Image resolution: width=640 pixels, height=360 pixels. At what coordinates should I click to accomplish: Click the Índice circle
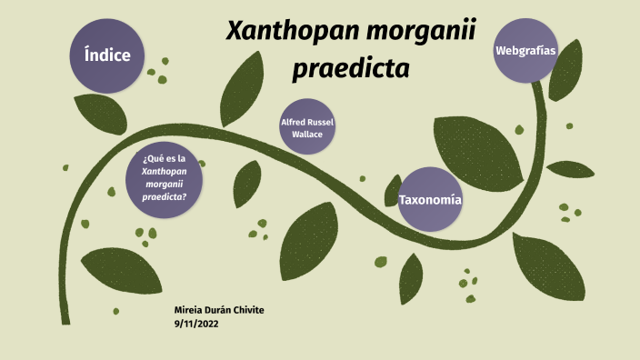click(x=107, y=55)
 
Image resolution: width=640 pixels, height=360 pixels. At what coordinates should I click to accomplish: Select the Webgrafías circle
click(x=525, y=51)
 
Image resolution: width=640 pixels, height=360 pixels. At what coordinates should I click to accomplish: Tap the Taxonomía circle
click(x=429, y=199)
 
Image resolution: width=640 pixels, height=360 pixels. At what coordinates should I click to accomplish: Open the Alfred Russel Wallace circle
click(x=307, y=127)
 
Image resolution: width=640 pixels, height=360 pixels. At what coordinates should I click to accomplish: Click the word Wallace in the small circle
click(x=307, y=135)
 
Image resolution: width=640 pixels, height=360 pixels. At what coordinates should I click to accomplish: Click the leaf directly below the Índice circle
click(x=101, y=113)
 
